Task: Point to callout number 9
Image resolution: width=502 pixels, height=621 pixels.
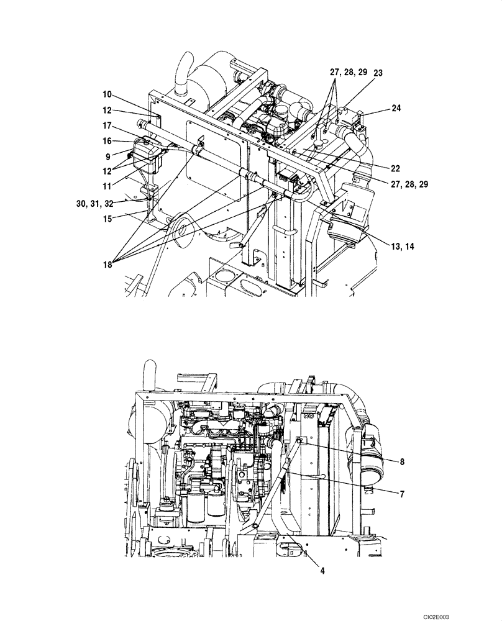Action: tap(109, 156)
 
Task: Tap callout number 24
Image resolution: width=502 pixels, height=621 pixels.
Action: tap(396, 107)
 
